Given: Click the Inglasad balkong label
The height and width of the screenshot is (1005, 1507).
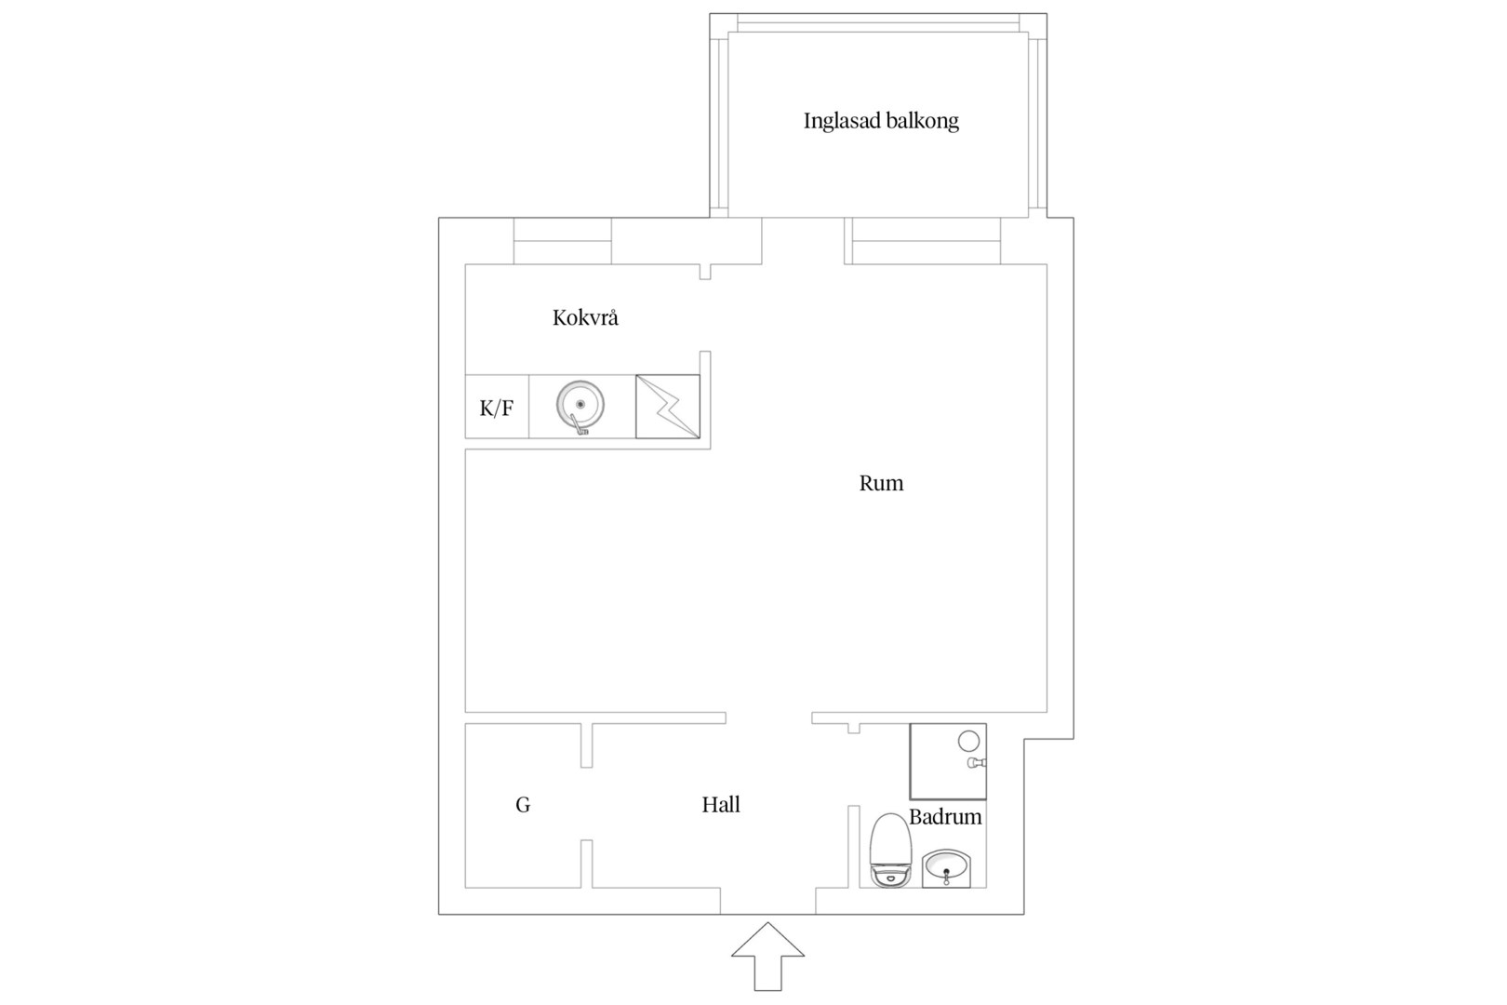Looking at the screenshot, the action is pyautogui.click(x=881, y=121).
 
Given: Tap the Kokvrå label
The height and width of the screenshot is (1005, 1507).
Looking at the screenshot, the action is pyautogui.click(x=585, y=317).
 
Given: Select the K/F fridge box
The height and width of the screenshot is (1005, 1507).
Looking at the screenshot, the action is pyautogui.click(x=497, y=407).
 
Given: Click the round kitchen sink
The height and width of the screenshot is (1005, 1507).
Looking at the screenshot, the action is pyautogui.click(x=580, y=405).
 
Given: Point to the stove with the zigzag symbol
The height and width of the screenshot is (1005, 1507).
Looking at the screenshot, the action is pyautogui.click(x=668, y=407).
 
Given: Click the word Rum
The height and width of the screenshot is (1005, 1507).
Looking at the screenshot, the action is pyautogui.click(x=881, y=483).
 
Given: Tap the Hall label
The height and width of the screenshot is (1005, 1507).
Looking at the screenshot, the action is pyautogui.click(x=721, y=804).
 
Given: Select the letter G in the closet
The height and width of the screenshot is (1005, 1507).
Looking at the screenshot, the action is pyautogui.click(x=523, y=804).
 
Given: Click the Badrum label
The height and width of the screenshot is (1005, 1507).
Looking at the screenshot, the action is pyautogui.click(x=945, y=817).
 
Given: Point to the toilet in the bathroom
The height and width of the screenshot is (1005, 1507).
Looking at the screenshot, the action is pyautogui.click(x=890, y=851).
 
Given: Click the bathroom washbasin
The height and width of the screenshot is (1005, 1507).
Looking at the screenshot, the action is pyautogui.click(x=946, y=868).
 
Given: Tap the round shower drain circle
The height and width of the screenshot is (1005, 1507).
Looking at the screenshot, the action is pyautogui.click(x=968, y=741).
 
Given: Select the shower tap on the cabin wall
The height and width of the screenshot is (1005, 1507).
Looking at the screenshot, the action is pyautogui.click(x=977, y=763).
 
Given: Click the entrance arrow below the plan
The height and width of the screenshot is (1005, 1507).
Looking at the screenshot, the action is pyautogui.click(x=767, y=957).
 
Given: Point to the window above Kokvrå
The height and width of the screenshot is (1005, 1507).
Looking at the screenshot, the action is pyautogui.click(x=563, y=241).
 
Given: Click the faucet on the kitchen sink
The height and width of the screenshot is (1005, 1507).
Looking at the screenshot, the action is pyautogui.click(x=579, y=424).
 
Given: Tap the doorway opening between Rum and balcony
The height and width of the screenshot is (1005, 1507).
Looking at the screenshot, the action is pyautogui.click(x=804, y=241).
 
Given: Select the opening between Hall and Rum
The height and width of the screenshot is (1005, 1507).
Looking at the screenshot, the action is pyautogui.click(x=769, y=717).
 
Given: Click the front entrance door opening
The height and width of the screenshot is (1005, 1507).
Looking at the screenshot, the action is pyautogui.click(x=768, y=902).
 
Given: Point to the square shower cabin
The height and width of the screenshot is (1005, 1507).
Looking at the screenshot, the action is pyautogui.click(x=948, y=761).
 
